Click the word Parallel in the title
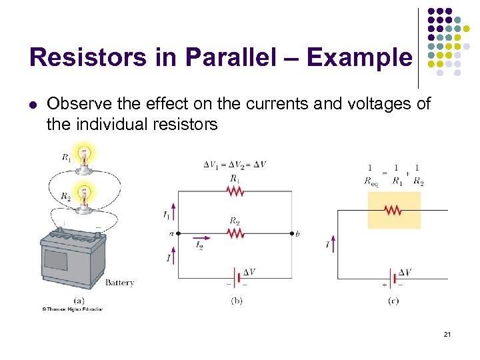click(235, 58)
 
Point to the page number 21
click(447, 333)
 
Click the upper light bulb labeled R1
click(83, 157)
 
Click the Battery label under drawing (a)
click(120, 283)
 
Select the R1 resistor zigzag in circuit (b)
click(235, 192)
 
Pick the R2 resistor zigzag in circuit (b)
click(235, 233)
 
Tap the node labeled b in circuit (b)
click(292, 233)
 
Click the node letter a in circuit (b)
click(171, 233)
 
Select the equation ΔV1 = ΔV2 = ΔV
click(235, 165)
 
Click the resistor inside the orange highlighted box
click(393, 210)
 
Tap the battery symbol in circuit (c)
click(393, 276)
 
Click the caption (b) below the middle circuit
click(237, 301)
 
